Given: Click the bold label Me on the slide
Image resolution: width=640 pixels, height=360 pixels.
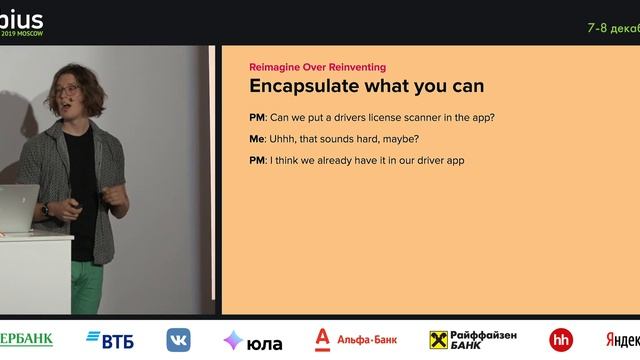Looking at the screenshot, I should [x=256, y=139].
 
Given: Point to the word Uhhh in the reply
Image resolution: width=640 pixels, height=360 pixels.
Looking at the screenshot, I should [x=287, y=139].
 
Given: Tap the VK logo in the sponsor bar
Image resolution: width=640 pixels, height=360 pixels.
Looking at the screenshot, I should [x=179, y=340].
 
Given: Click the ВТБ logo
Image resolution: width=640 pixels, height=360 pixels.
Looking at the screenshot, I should [x=110, y=339].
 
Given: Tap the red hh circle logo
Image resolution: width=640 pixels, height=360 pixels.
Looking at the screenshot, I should [x=561, y=340].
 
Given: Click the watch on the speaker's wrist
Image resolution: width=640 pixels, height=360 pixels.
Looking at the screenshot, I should [x=46, y=209].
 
